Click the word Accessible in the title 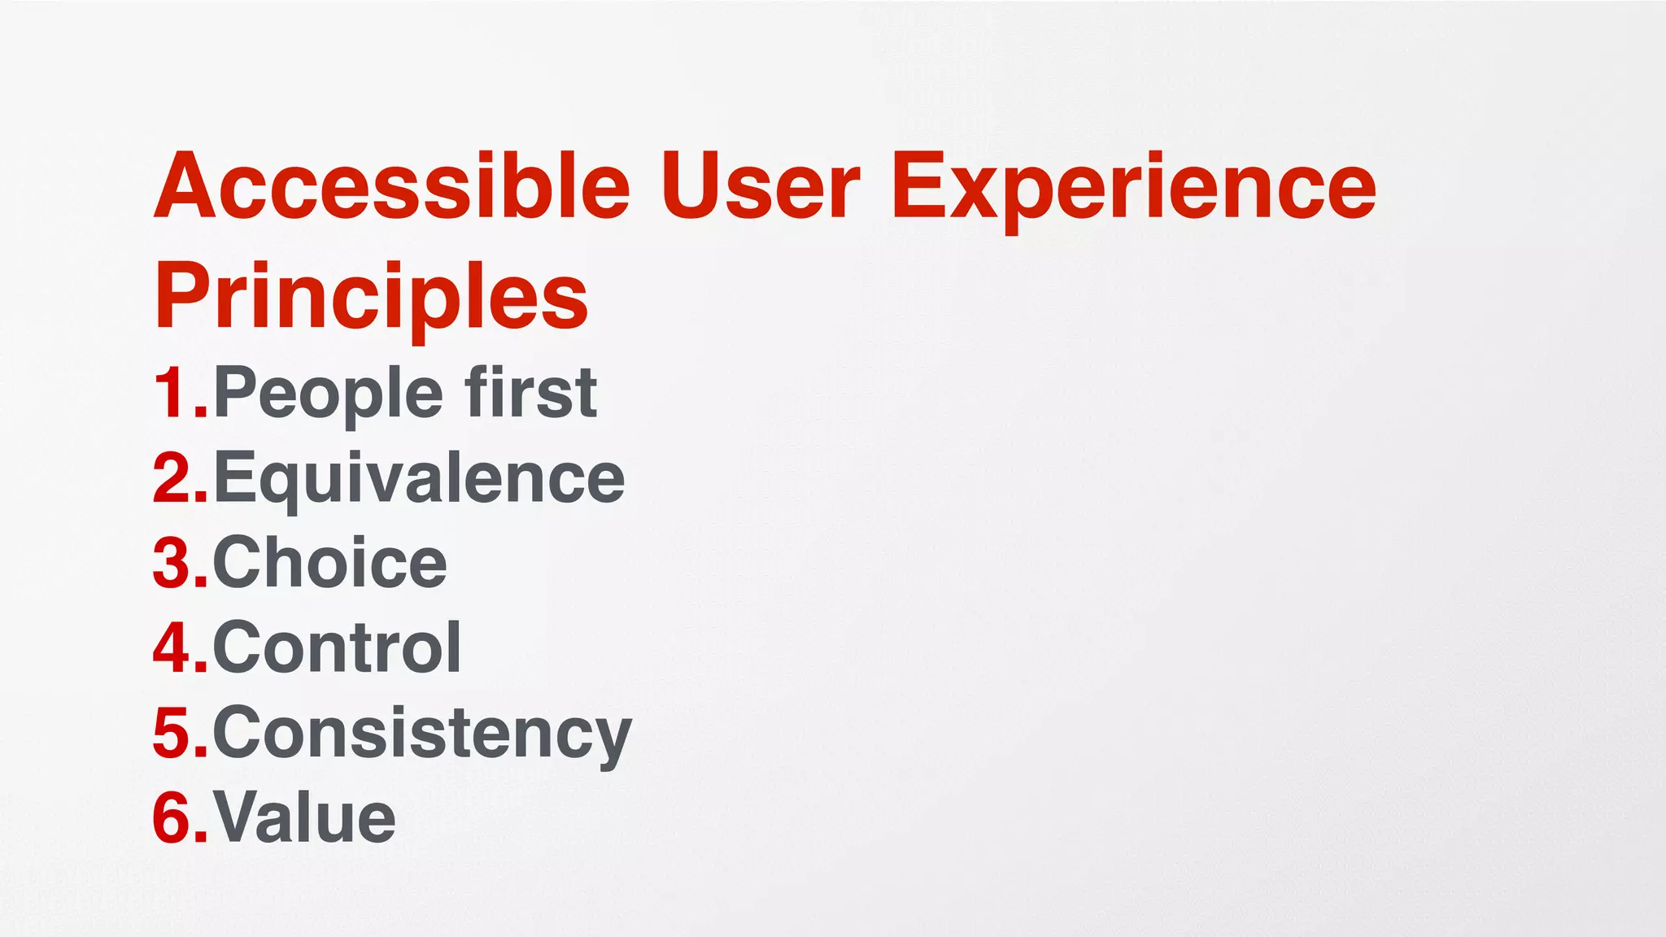(391, 186)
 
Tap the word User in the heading (760, 186)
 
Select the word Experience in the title (1133, 189)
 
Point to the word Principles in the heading (371, 296)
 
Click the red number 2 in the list (173, 479)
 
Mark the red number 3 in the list (173, 564)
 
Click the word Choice (329, 563)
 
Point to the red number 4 (173, 648)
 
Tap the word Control (337, 648)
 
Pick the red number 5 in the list (173, 734)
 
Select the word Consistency (421, 734)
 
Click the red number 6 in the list (173, 818)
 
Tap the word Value (304, 818)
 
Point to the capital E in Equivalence (233, 478)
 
